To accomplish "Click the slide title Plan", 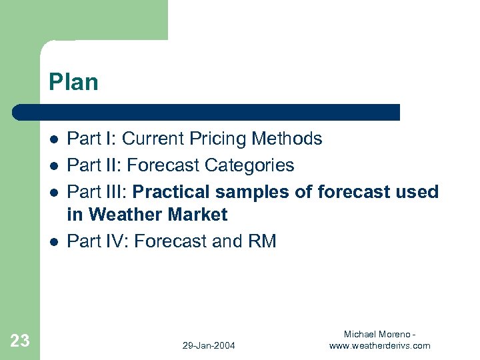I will tap(73, 82).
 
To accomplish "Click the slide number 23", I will tap(20, 341).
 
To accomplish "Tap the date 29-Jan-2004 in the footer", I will tap(209, 345).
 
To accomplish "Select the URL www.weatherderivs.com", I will tap(380, 345).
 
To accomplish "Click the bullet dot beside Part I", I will tap(53, 139).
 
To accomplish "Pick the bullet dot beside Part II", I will tap(53, 165).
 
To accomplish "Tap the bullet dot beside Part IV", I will tap(53, 241).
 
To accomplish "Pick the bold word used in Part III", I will tap(417, 192).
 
